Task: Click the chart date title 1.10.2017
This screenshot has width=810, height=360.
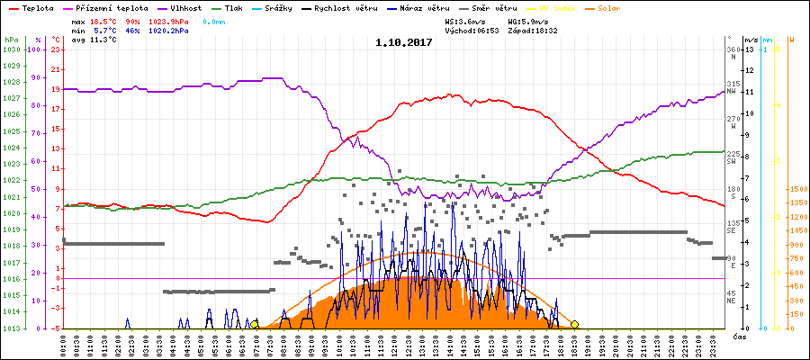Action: pos(404,41)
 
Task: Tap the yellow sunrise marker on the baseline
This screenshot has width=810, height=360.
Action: pos(255,324)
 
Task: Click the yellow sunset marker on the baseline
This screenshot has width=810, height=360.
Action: pos(574,324)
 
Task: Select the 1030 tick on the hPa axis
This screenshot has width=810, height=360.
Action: pos(11,49)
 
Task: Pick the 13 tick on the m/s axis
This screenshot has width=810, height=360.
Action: pos(749,49)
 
